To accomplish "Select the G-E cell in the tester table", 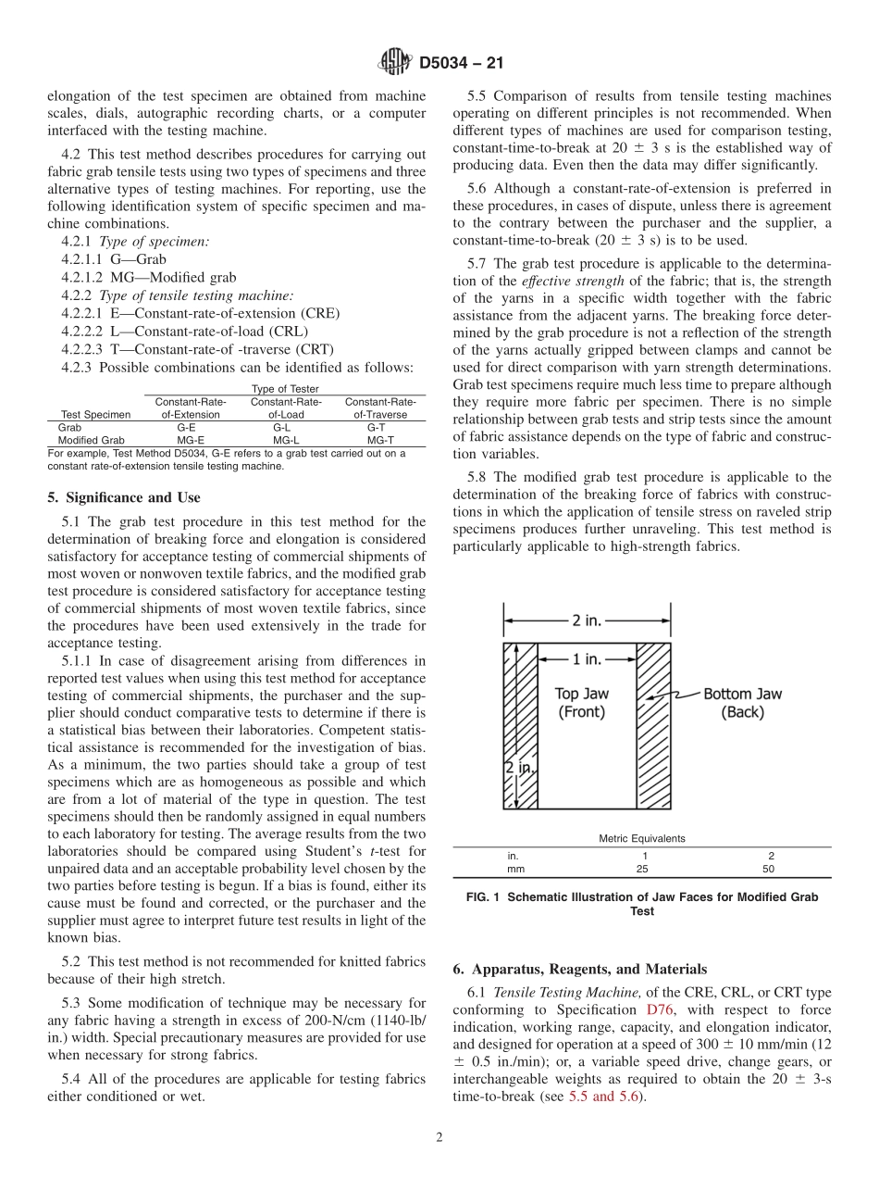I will tap(186, 428).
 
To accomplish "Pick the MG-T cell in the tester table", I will tap(376, 441).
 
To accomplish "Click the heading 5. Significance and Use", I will tap(123, 497).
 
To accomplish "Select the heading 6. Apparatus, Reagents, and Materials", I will tap(579, 970).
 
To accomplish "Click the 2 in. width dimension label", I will tap(589, 620).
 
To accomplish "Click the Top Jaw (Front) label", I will tap(581, 703).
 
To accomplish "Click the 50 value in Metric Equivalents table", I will tap(768, 869).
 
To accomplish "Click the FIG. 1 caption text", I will tap(641, 904).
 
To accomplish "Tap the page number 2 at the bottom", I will tap(439, 1137).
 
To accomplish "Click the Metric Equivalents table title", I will tap(641, 838).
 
